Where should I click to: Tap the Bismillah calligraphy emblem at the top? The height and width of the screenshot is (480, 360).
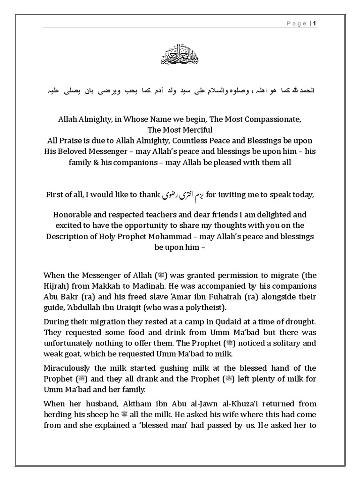(180, 57)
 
